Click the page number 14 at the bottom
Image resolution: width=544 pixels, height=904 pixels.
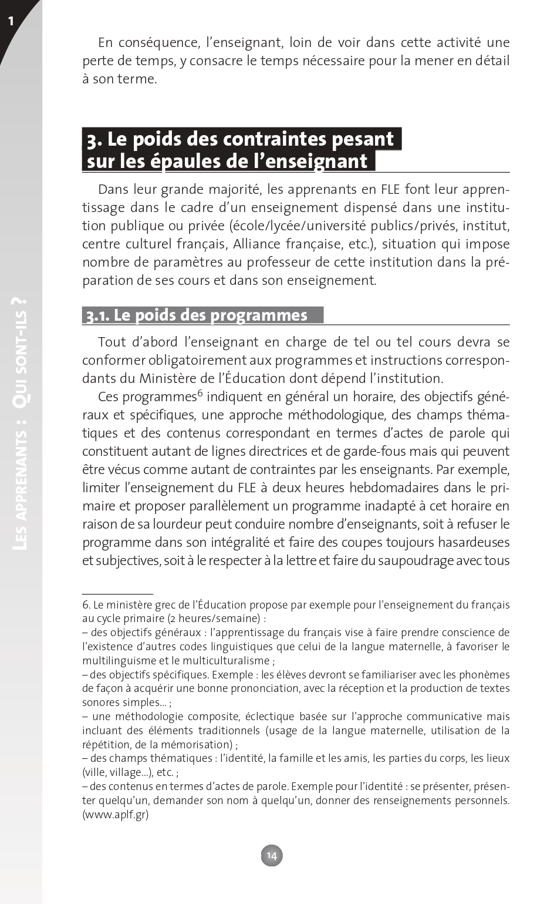pos(272,855)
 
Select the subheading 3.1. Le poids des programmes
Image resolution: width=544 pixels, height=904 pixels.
pos(197,315)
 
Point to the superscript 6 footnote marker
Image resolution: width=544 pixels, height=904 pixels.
pos(200,393)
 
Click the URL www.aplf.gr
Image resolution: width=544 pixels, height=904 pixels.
pos(116,814)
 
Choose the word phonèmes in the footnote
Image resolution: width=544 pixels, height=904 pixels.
pos(484,674)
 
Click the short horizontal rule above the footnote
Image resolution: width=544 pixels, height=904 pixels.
pos(117,594)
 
